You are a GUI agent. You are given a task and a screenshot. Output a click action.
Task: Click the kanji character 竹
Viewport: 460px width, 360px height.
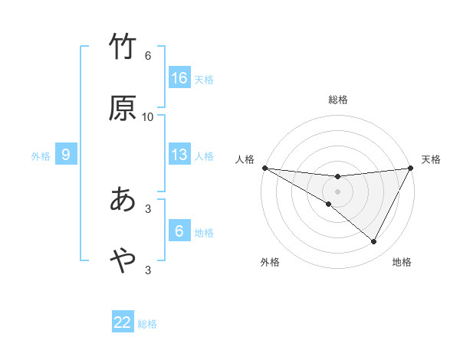click(x=123, y=47)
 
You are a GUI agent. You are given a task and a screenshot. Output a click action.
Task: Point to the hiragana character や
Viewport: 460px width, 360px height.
click(x=123, y=260)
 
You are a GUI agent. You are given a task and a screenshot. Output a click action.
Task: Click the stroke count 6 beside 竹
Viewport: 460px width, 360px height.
click(x=148, y=56)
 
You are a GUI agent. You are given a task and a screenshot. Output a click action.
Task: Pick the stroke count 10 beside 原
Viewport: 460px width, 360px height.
click(x=148, y=117)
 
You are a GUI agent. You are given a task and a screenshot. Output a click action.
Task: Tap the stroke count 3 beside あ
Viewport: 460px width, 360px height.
click(x=148, y=208)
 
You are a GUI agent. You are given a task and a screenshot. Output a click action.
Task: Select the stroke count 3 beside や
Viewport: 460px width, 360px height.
click(x=148, y=270)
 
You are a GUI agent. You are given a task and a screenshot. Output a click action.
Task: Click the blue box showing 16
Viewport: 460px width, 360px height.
click(x=179, y=78)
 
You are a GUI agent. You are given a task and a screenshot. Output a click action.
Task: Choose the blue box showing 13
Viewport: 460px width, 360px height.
click(x=179, y=155)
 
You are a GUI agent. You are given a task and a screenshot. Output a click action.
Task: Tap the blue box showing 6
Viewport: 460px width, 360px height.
click(x=179, y=231)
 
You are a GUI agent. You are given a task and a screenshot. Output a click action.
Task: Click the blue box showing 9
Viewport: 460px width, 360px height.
click(x=66, y=155)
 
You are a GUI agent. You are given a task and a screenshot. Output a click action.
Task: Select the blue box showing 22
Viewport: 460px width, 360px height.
click(x=123, y=322)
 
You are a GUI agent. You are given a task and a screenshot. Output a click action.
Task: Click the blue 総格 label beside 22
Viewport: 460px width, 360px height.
click(x=147, y=324)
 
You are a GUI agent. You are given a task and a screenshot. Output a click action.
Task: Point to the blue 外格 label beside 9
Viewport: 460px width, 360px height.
click(x=41, y=156)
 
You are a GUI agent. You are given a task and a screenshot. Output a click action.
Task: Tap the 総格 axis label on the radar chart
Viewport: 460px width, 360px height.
click(x=338, y=100)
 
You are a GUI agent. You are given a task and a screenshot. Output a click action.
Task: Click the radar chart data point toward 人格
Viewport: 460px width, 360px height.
click(x=264, y=167)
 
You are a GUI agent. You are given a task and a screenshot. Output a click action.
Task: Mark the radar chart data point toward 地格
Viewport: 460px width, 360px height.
click(x=374, y=242)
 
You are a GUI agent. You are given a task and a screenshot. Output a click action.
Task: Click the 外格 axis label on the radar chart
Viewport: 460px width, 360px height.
click(x=270, y=262)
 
